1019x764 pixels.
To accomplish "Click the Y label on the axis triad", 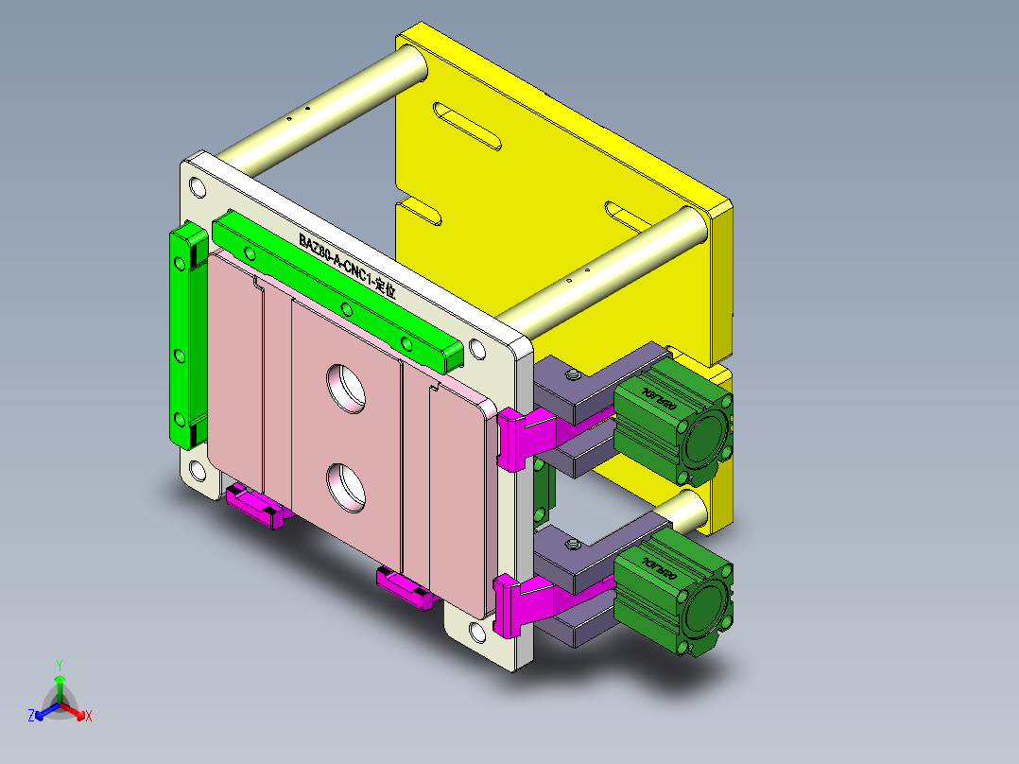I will [x=60, y=665].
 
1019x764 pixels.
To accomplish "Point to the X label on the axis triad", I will [x=89, y=716].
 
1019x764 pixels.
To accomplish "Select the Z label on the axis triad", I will [x=31, y=716].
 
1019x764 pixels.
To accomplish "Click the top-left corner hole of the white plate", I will [x=199, y=184].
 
